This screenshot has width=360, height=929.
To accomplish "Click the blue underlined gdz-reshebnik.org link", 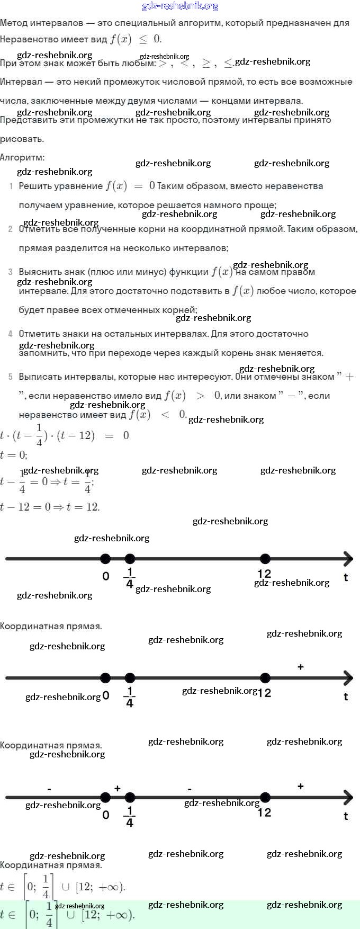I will (180, 6).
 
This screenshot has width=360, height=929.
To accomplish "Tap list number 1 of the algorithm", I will (11, 186).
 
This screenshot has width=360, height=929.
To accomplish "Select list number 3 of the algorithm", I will (11, 272).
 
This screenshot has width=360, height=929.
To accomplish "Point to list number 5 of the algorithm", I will (11, 377).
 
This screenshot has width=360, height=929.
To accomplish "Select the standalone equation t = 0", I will (14, 455).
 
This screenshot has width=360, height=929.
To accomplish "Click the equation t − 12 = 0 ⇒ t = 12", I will (50, 507).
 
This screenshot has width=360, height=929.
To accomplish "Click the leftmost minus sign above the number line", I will (49, 790).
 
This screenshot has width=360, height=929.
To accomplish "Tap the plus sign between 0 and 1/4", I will (118, 789).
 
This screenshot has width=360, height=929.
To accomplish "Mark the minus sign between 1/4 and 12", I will (190, 790).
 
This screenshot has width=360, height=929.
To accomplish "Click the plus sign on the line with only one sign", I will (301, 667).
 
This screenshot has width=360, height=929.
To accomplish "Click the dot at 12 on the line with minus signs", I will (265, 798).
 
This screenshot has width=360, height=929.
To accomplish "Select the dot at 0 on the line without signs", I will (105, 559).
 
